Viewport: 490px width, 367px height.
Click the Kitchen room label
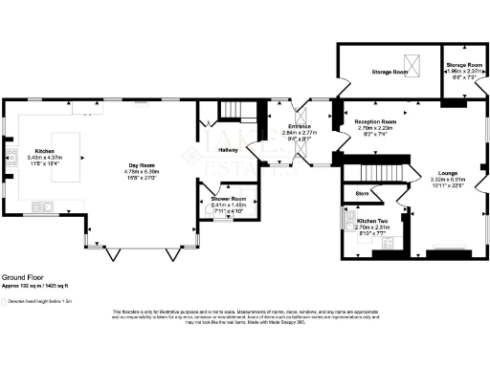45,151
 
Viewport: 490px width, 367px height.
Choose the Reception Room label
376,122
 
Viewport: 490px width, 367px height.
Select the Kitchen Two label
372,221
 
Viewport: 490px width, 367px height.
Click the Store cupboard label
362,193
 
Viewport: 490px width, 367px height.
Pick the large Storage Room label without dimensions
390,72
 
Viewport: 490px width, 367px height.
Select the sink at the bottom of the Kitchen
43,205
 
